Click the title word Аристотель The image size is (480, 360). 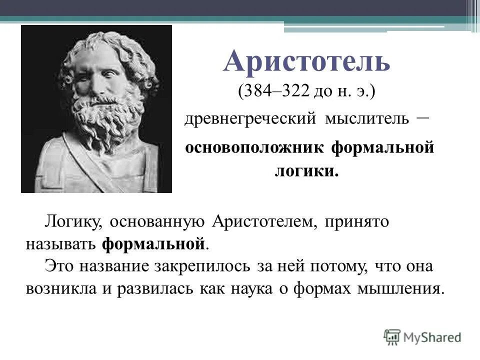tap(306, 61)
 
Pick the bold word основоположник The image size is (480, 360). tap(254, 148)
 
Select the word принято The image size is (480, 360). tap(357, 221)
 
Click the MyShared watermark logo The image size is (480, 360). tap(422, 336)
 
